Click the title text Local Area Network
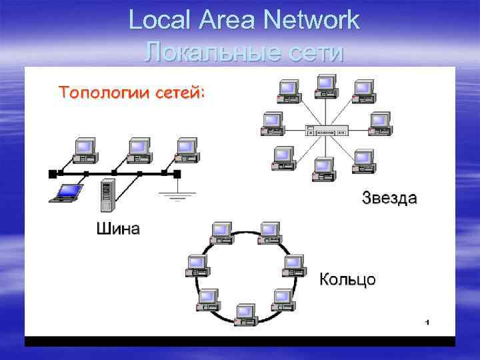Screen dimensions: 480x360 244,20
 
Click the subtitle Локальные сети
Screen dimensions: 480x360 244,51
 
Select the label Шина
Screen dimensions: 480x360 118,230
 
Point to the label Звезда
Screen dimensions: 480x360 390,198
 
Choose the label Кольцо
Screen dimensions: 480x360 347,279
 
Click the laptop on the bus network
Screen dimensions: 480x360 68,192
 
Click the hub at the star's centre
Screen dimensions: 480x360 325,132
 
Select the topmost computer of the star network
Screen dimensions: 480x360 325,85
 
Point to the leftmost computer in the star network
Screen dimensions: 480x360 271,123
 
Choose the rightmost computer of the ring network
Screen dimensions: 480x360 293,266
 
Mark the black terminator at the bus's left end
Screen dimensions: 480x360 52,174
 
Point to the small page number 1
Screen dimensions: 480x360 426,323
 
